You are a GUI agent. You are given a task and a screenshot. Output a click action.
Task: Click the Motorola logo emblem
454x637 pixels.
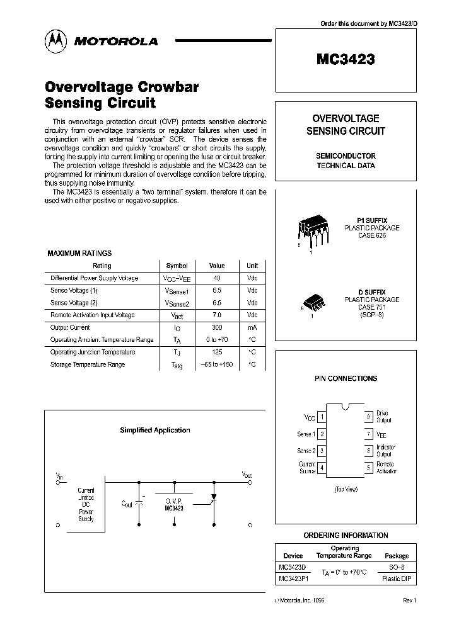55,41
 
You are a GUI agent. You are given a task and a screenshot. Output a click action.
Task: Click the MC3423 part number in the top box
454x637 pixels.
346,60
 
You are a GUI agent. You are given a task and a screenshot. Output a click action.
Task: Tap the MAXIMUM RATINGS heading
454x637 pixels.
79,253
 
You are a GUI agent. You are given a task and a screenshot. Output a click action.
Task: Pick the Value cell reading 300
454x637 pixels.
217,327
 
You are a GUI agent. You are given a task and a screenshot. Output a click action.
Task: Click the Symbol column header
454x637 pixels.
177,266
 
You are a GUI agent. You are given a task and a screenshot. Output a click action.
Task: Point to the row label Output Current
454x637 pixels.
70,327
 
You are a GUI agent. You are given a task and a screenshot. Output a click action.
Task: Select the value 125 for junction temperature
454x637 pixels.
217,352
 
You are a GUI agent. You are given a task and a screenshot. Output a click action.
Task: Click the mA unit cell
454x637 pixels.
252,327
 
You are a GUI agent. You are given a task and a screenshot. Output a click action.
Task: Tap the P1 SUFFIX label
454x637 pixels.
372,221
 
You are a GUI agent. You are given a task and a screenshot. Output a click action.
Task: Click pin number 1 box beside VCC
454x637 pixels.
322,417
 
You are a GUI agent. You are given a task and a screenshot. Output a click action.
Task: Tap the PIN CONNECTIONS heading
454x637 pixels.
346,378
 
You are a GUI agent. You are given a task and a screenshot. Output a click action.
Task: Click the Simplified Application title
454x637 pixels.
154,431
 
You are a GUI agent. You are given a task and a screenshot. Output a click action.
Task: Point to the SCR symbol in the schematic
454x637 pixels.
212,497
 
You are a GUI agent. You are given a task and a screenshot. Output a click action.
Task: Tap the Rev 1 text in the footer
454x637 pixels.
410,600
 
